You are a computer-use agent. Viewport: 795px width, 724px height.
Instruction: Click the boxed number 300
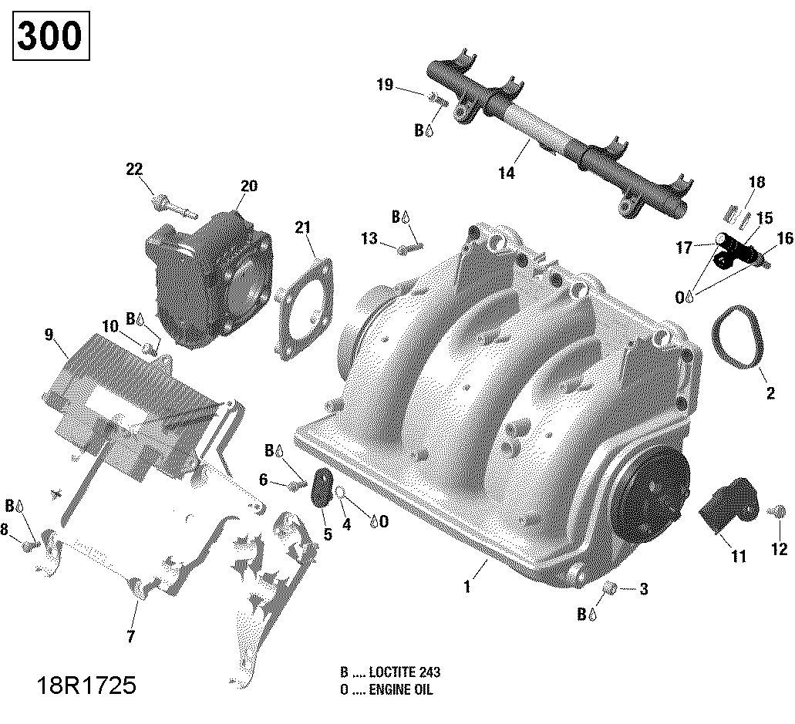coord(49,35)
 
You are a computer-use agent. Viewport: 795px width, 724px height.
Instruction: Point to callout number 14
coord(506,173)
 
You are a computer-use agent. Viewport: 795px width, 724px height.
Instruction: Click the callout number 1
coord(466,588)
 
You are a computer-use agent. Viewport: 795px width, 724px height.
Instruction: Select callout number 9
coord(49,334)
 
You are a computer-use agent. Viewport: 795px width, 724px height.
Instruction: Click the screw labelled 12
coord(779,511)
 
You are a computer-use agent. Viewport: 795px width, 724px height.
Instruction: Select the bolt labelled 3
coord(610,590)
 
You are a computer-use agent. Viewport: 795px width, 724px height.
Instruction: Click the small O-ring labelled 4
coord(339,493)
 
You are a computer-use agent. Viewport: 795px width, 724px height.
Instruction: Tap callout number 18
coord(756,183)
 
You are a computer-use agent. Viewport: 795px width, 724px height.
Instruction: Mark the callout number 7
coord(130,637)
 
